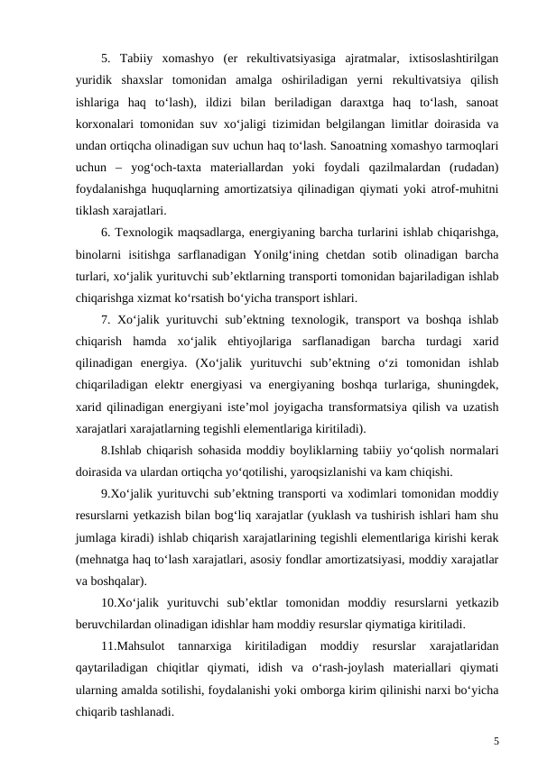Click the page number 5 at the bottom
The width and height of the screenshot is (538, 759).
tap(496, 717)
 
